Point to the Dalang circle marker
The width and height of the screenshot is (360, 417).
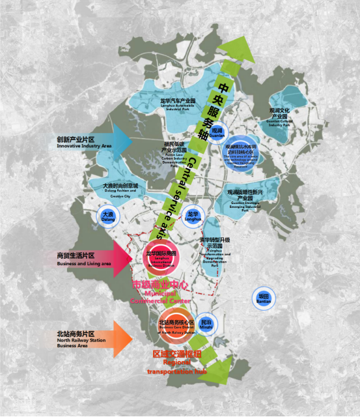pyautogui.click(x=107, y=216)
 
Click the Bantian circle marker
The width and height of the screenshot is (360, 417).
pyautogui.click(x=263, y=297)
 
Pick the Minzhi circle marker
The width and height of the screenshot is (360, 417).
pyautogui.click(x=206, y=324)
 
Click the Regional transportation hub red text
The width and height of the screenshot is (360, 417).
pyautogui.click(x=176, y=362)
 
